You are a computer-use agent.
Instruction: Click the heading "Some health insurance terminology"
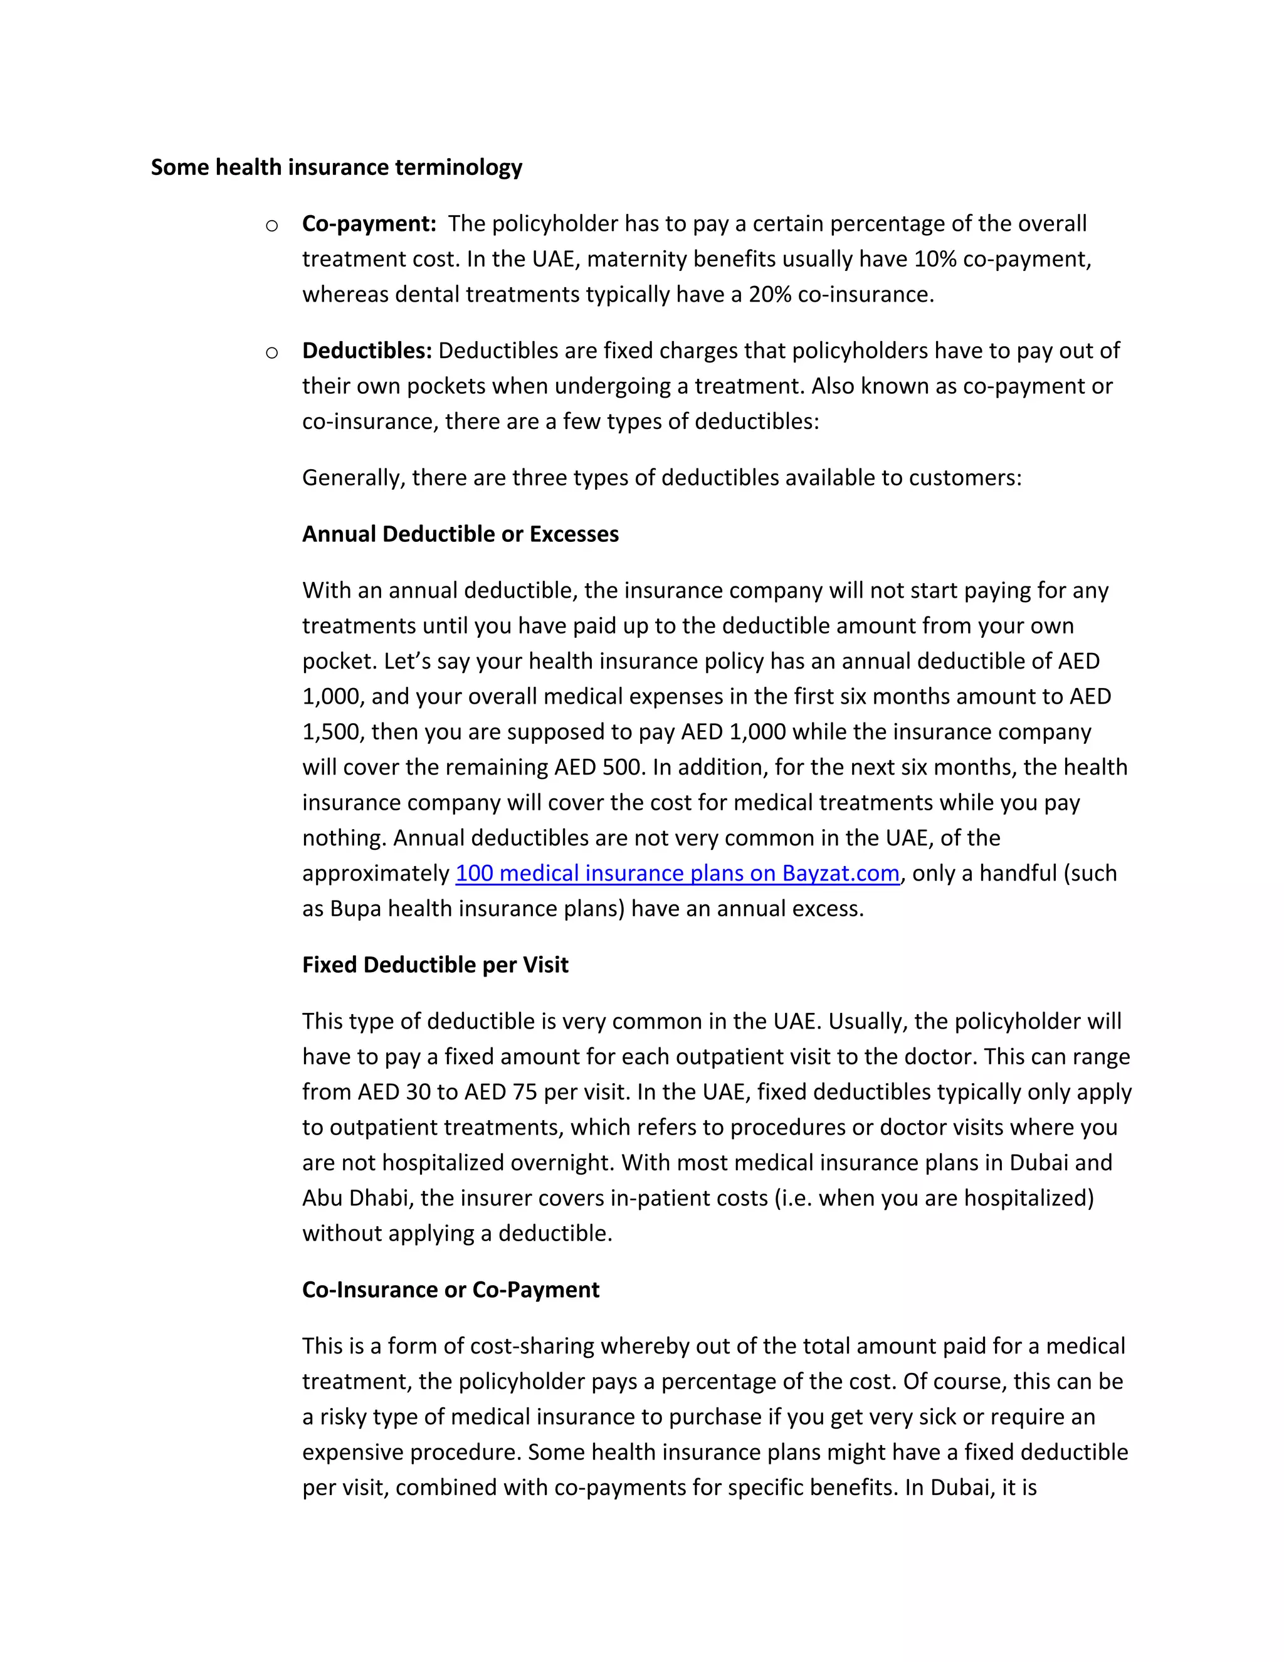point(336,167)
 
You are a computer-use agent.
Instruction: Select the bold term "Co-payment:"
point(369,224)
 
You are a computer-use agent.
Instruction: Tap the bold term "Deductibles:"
point(367,351)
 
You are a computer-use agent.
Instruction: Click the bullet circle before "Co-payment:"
point(271,225)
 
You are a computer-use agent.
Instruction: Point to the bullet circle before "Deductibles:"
point(271,352)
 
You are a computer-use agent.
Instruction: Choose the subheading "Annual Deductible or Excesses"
point(460,534)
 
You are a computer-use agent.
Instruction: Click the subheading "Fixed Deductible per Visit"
point(435,965)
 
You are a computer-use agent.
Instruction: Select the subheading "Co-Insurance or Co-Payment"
point(450,1290)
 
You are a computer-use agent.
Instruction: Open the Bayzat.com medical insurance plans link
point(677,874)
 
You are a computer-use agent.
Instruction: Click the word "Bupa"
point(355,909)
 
